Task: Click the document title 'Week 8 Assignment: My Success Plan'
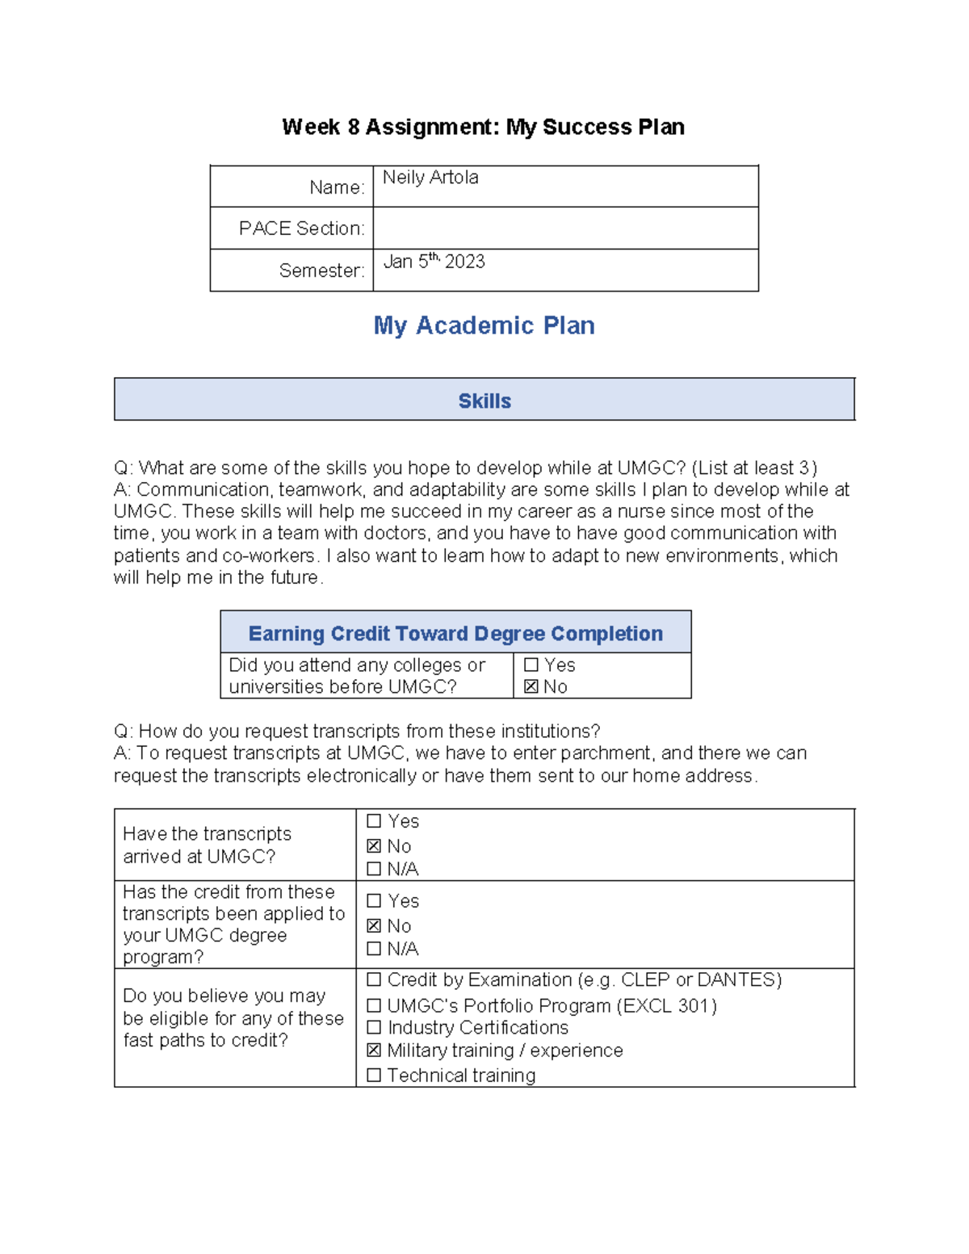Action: pyautogui.click(x=483, y=127)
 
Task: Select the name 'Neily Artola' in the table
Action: pyautogui.click(x=430, y=178)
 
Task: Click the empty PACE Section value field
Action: pyautogui.click(x=565, y=229)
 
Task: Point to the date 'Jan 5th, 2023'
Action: pyautogui.click(x=434, y=262)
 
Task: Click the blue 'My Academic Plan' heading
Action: pyautogui.click(x=484, y=325)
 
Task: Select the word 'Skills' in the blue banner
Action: pyautogui.click(x=484, y=401)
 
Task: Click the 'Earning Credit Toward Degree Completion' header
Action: pyautogui.click(x=455, y=634)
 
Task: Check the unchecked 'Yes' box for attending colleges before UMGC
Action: pyautogui.click(x=531, y=665)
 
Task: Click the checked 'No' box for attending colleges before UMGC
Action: pyautogui.click(x=531, y=687)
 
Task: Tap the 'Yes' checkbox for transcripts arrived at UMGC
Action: pyautogui.click(x=374, y=821)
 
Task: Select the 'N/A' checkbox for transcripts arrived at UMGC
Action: pyautogui.click(x=374, y=869)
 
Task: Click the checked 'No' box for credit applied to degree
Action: pyautogui.click(x=374, y=926)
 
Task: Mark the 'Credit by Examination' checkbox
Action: pyautogui.click(x=374, y=980)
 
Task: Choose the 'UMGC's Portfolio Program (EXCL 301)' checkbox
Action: pyautogui.click(x=374, y=1006)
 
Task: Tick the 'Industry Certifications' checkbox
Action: pyautogui.click(x=374, y=1028)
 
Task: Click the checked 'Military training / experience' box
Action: pyautogui.click(x=374, y=1051)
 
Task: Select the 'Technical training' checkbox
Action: pyautogui.click(x=374, y=1076)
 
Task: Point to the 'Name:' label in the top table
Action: pyautogui.click(x=337, y=187)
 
